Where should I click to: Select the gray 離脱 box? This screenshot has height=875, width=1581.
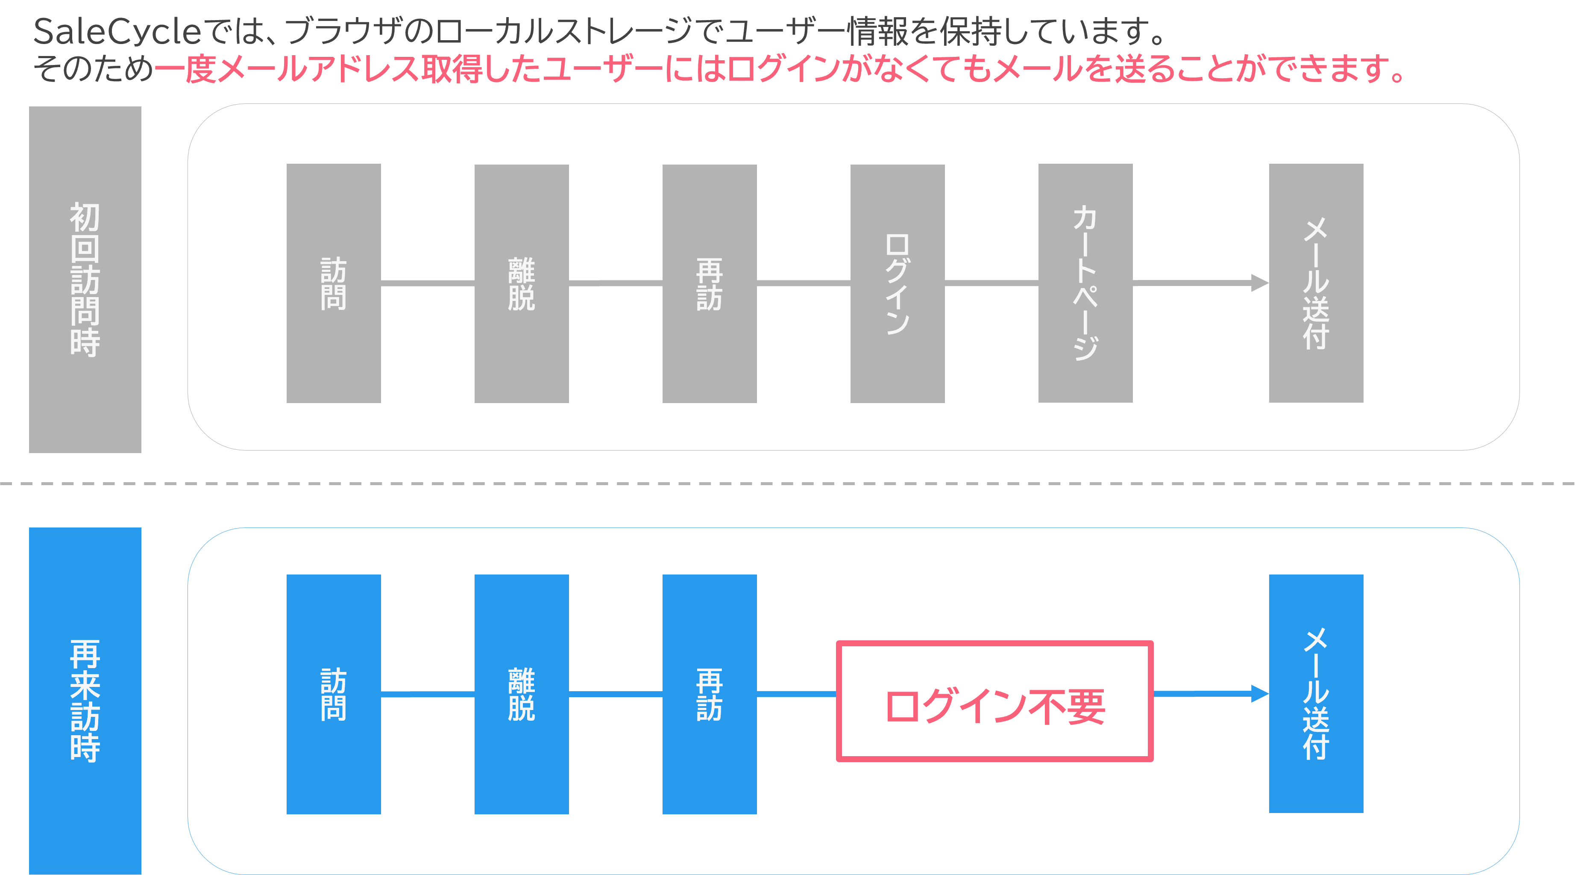521,283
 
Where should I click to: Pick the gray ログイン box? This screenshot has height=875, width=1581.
897,283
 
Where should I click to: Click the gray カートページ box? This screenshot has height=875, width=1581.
1085,283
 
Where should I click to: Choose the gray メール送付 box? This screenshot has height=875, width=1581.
1315,283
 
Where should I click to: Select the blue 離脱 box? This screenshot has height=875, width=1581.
521,694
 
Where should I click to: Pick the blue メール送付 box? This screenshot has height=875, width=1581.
1315,694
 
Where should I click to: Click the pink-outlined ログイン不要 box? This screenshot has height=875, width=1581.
994,701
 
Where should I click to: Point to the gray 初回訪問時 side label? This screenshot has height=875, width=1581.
85,280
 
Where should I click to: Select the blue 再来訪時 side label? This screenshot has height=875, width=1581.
85,700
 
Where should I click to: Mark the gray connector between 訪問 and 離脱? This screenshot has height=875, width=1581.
427,283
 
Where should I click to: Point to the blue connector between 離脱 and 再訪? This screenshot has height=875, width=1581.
615,694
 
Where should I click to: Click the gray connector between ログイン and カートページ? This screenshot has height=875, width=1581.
991,283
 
